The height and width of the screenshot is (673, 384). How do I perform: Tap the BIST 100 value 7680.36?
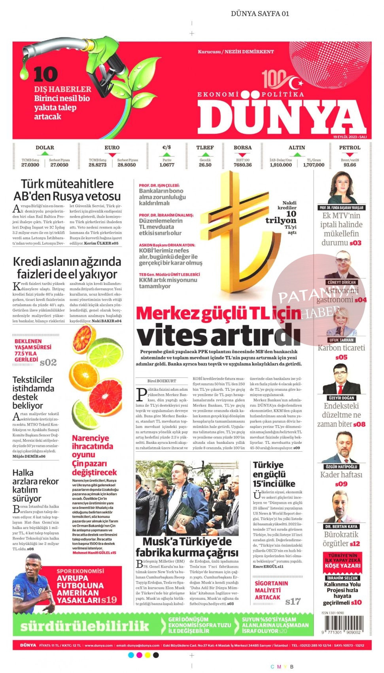coord(242,165)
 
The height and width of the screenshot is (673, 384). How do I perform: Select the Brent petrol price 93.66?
coord(350,165)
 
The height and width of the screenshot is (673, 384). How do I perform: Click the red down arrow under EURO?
coord(112,154)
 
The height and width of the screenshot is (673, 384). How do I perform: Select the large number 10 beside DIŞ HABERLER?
coord(45,74)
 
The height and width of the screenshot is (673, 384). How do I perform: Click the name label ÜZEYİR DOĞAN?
coord(341,398)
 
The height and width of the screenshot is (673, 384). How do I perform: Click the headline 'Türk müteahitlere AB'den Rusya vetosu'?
coord(67,190)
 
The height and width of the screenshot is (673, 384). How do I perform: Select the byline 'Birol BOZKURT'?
coord(161,381)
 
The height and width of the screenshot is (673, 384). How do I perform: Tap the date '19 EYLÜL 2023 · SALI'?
coord(350,137)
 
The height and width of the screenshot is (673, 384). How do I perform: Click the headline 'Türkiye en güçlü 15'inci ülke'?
coord(274,474)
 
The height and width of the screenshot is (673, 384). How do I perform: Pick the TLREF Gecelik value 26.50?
coord(205,165)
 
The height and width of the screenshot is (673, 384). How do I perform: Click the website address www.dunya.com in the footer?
coord(98,645)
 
